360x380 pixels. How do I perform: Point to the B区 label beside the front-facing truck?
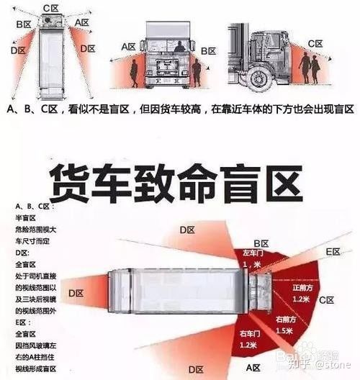[x=209, y=51]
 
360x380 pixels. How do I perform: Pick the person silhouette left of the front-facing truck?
[x=134, y=74]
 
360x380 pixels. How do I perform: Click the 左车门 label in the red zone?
[x=251, y=255]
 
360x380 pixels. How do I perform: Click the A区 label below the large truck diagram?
[x=253, y=368]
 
